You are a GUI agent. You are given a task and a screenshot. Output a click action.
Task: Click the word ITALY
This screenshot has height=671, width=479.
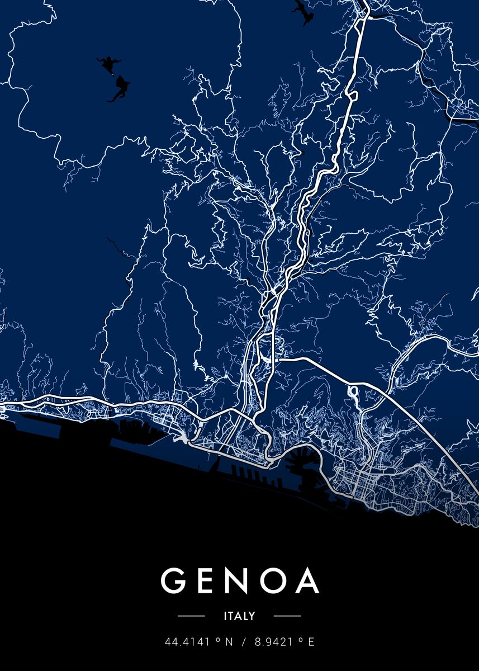coord(239,616)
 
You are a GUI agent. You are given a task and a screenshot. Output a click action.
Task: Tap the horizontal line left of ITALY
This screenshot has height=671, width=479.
coord(191,616)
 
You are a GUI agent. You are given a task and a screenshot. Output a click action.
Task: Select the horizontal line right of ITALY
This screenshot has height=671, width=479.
coord(287,616)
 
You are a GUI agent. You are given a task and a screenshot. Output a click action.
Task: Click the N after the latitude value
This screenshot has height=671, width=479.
coord(228,642)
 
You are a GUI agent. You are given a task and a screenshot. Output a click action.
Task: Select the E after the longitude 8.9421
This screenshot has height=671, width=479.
coord(311,642)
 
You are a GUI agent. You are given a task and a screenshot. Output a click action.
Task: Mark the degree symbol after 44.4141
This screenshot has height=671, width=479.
coord(217,640)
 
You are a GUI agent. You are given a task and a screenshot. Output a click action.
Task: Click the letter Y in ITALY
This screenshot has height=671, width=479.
coord(252,616)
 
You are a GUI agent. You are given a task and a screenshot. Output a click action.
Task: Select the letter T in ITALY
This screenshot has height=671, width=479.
coord(231,616)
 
